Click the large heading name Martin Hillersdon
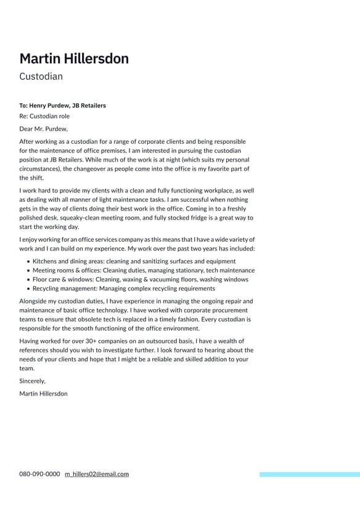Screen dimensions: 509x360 click(74, 59)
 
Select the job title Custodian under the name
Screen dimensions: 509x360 click(41, 77)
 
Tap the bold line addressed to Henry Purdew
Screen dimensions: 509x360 click(62, 106)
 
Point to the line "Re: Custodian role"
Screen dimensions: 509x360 click(44, 116)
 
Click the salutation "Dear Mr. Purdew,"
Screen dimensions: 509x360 click(43, 129)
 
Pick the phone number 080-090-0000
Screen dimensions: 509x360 click(39, 474)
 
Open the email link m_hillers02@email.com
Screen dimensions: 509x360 click(97, 474)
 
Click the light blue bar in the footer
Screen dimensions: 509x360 click(309, 474)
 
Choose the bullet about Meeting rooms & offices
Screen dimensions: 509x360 click(143, 270)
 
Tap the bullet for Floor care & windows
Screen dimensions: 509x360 click(141, 279)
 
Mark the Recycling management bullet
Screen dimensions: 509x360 click(123, 288)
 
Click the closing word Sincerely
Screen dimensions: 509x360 click(32, 381)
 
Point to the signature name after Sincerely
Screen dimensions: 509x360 click(43, 394)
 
